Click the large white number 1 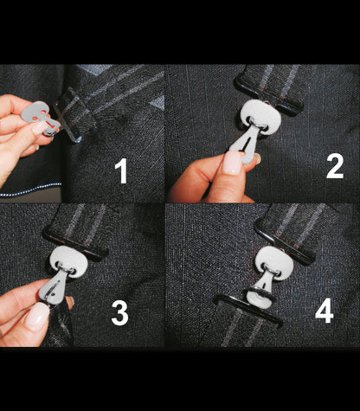tap(122, 170)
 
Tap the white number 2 tap(335, 165)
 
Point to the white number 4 tap(325, 311)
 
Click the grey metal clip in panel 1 tap(41, 118)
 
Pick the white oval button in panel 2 tap(260, 115)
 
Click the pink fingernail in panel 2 tap(232, 163)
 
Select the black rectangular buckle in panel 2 tap(268, 96)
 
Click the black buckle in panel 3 tap(75, 245)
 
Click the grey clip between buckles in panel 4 tap(262, 291)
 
